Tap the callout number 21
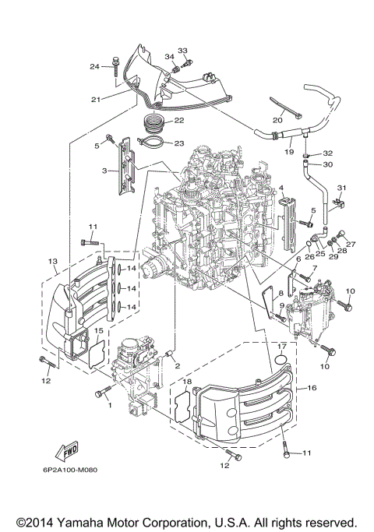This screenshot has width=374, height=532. click(x=96, y=99)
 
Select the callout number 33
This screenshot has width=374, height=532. click(x=182, y=51)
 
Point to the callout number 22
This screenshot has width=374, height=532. click(x=178, y=121)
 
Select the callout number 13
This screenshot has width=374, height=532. click(x=53, y=261)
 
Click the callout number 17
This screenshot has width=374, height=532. click(x=282, y=347)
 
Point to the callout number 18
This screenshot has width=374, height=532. click(x=186, y=381)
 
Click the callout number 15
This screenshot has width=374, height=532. click(x=98, y=331)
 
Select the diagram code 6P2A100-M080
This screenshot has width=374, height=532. click(x=60, y=470)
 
